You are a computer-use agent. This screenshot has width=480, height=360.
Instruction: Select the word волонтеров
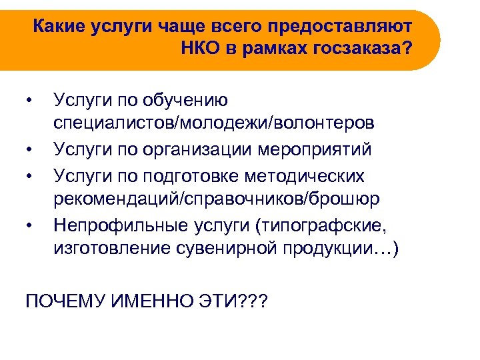(x=317, y=123)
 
